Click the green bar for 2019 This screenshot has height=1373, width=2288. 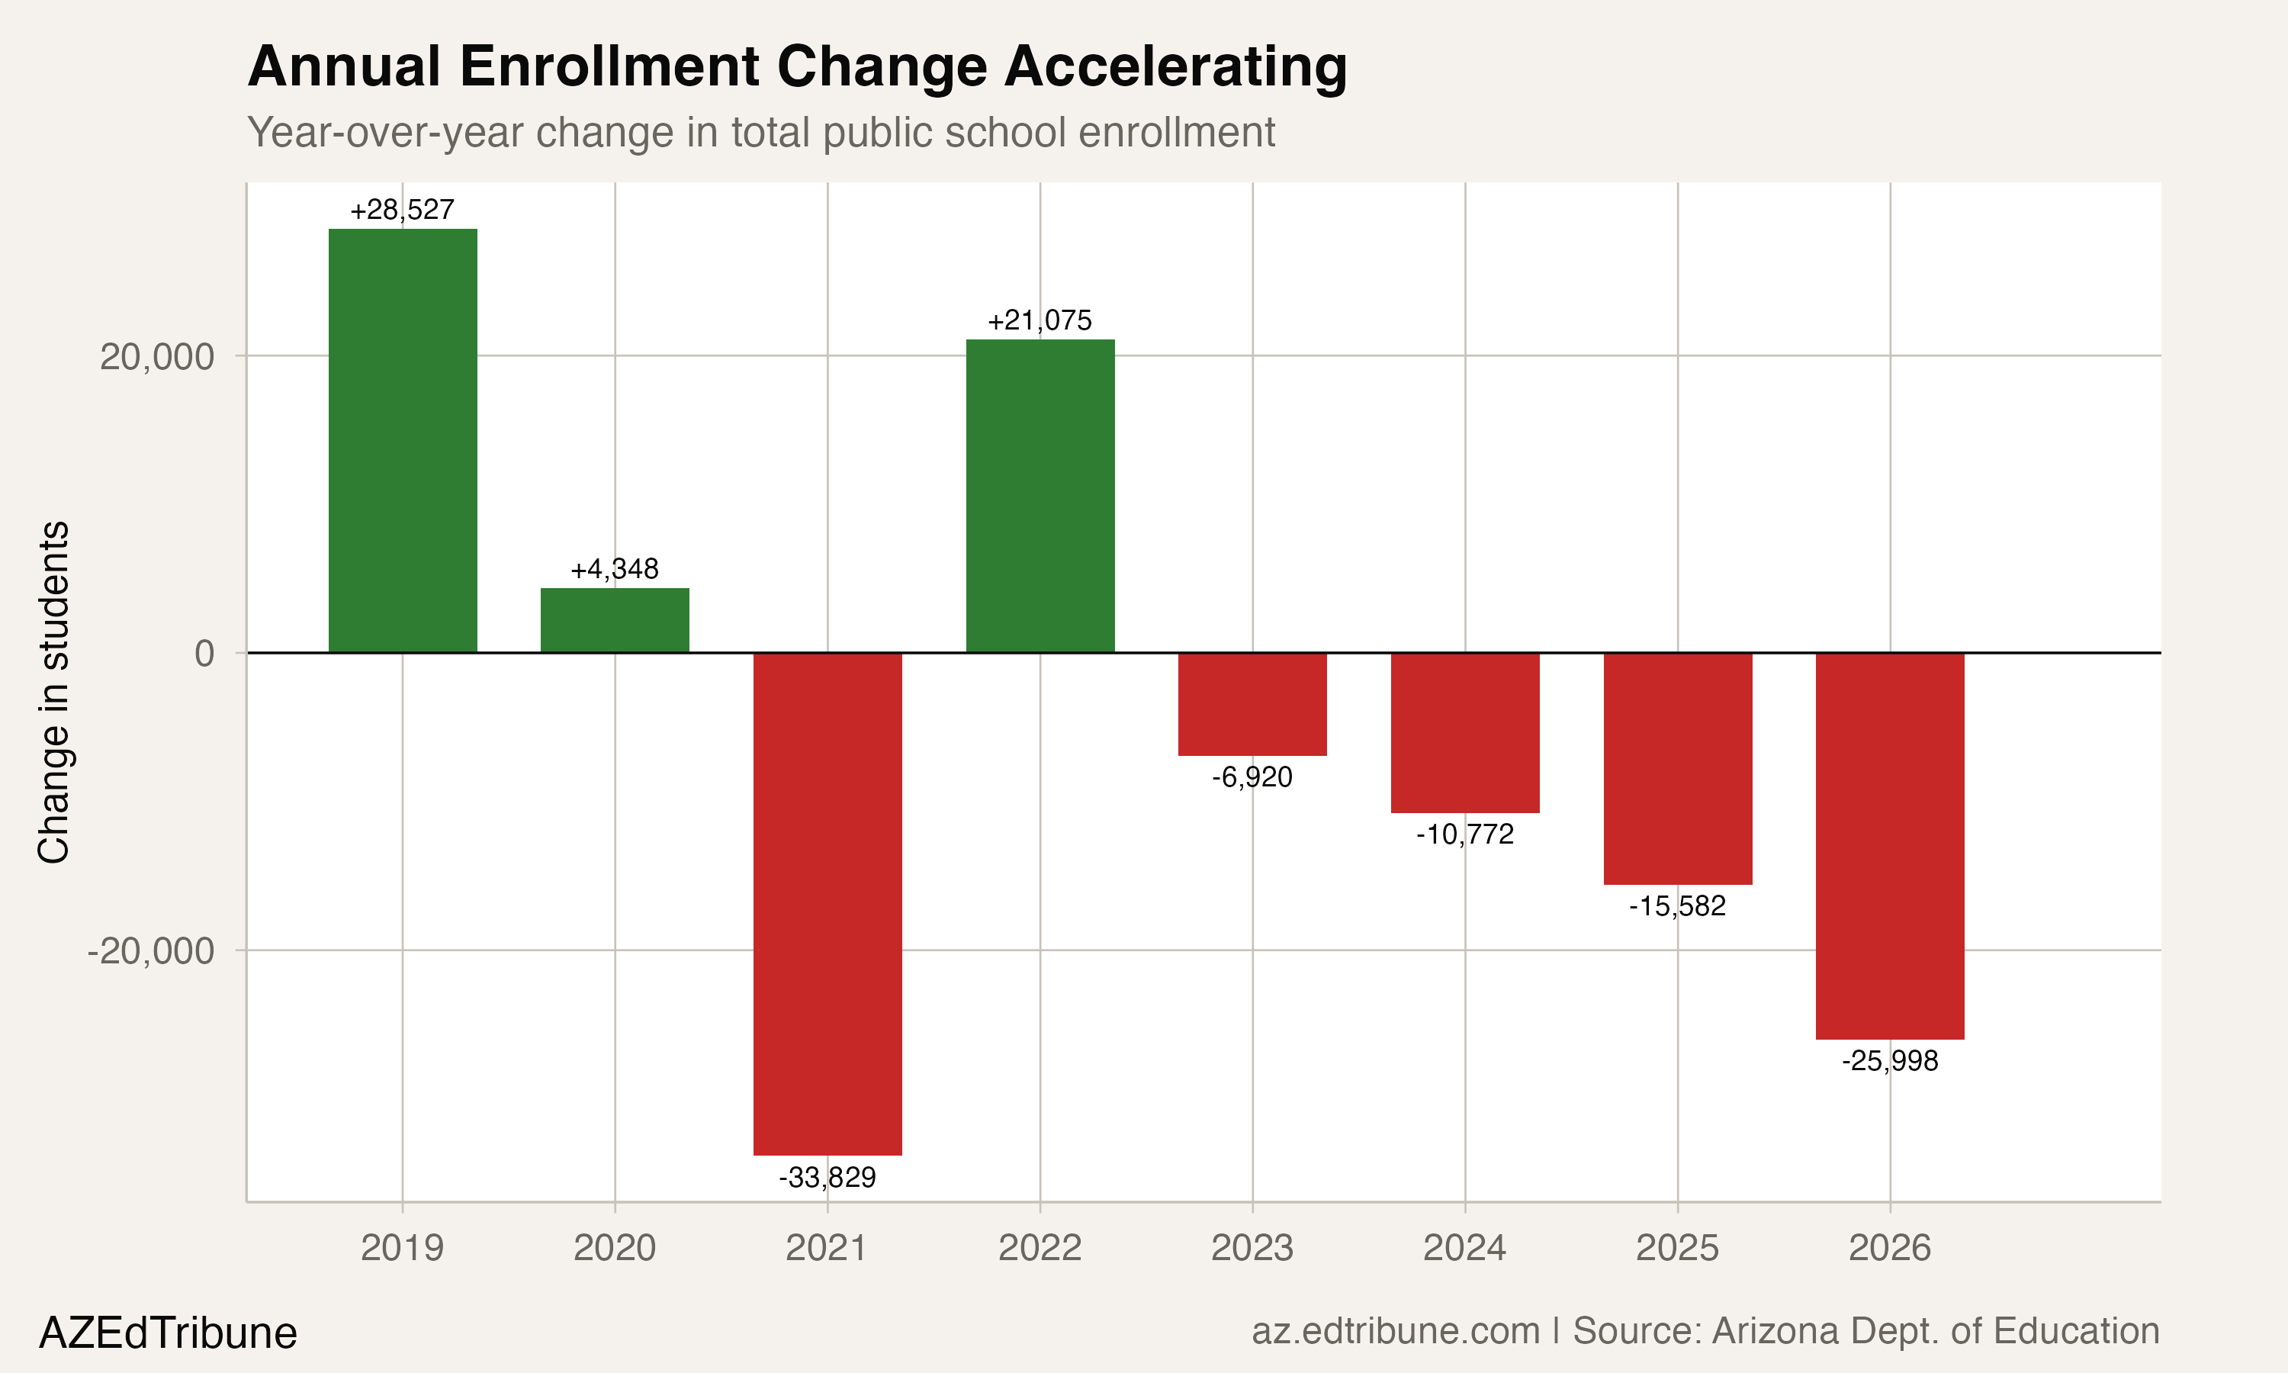point(402,440)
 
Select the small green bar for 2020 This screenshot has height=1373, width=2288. point(614,620)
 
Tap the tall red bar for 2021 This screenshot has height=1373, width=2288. point(827,903)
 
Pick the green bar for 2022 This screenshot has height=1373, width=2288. point(1040,496)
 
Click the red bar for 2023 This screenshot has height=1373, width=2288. point(1252,704)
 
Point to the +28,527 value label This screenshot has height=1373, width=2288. point(402,210)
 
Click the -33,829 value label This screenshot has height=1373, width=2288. point(827,1178)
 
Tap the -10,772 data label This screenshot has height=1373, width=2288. point(1464,834)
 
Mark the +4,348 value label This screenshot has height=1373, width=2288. point(614,569)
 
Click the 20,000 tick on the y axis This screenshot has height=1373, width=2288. point(156,357)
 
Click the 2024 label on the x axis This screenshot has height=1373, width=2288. point(1464,1248)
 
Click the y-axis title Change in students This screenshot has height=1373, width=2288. point(53,692)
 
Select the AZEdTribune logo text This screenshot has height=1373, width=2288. point(167,1333)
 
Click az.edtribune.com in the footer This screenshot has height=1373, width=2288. point(1395,1331)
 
